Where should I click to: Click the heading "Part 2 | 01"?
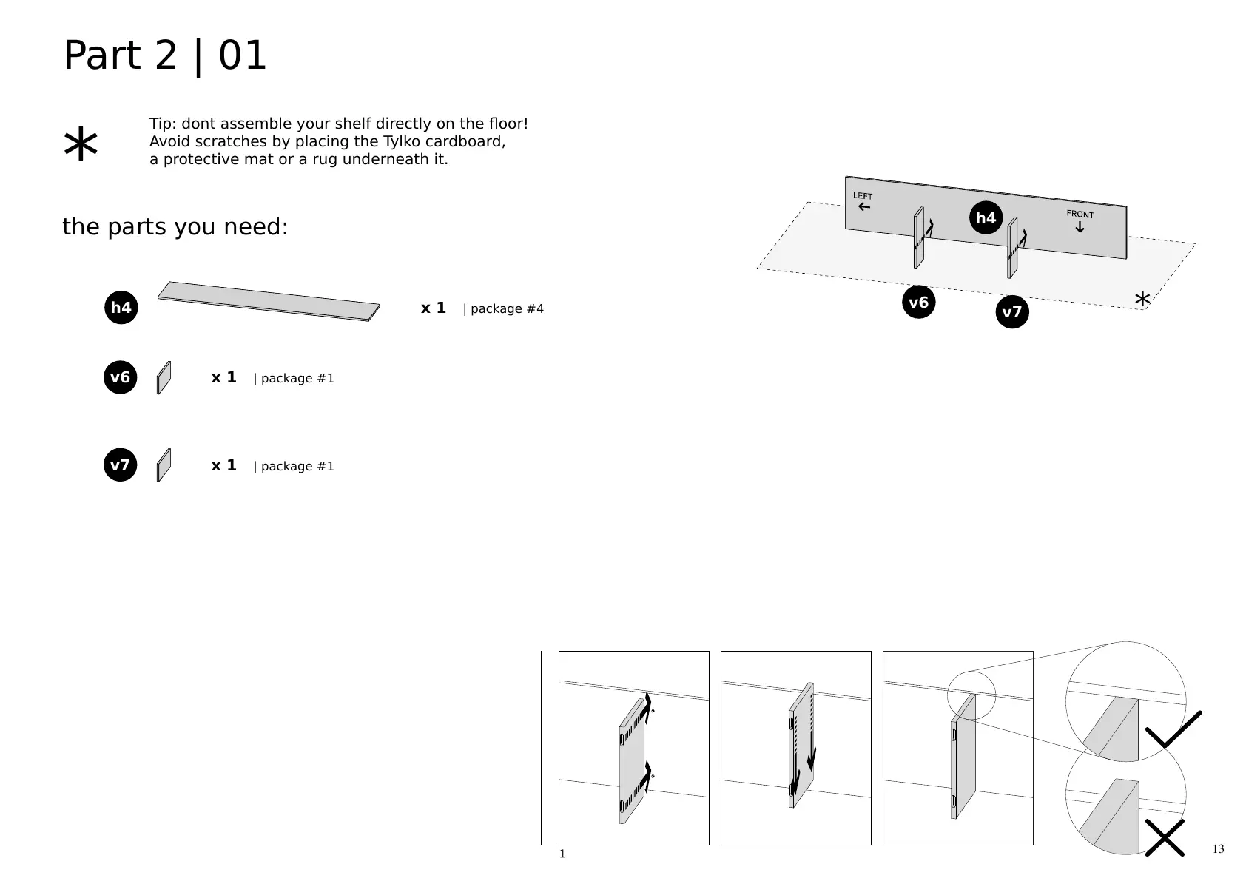(165, 56)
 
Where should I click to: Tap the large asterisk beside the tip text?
(81, 145)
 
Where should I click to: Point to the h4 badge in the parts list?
(121, 308)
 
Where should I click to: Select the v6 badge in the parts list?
(120, 378)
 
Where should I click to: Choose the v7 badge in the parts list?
(120, 465)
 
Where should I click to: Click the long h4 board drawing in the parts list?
(269, 301)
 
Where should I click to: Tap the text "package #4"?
(507, 308)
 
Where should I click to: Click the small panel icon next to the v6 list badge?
(164, 378)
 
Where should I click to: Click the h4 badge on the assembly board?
(986, 217)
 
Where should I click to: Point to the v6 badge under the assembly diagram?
(918, 302)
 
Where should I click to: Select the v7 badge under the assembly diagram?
(1011, 312)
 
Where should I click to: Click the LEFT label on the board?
(863, 196)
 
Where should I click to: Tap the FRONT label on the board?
(1080, 215)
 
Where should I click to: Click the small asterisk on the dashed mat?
(1142, 300)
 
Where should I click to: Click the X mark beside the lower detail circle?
(1165, 837)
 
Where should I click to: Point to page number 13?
(1218, 848)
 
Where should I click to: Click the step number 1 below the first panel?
(562, 854)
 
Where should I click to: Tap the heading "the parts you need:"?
(175, 227)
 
